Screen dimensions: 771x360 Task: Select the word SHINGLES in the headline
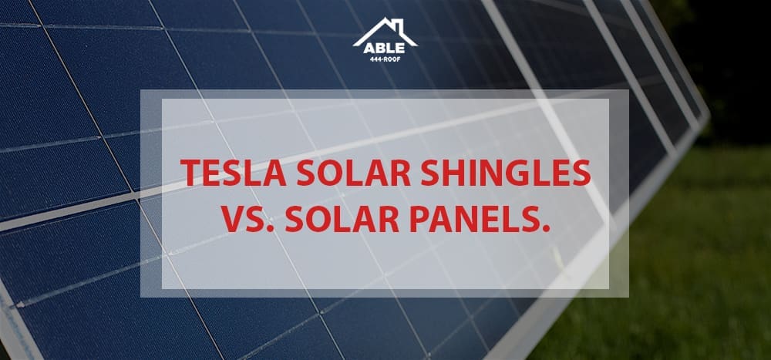coord(506,173)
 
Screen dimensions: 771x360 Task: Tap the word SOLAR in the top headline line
coord(354,173)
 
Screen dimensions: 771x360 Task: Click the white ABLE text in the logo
coord(385,49)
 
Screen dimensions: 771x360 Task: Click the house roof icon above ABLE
coord(385,31)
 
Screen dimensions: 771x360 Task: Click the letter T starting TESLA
coord(190,173)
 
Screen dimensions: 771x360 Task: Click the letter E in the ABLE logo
coord(401,49)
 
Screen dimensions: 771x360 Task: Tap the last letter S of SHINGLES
coord(582,173)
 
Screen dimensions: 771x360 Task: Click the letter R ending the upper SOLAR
coord(402,173)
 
